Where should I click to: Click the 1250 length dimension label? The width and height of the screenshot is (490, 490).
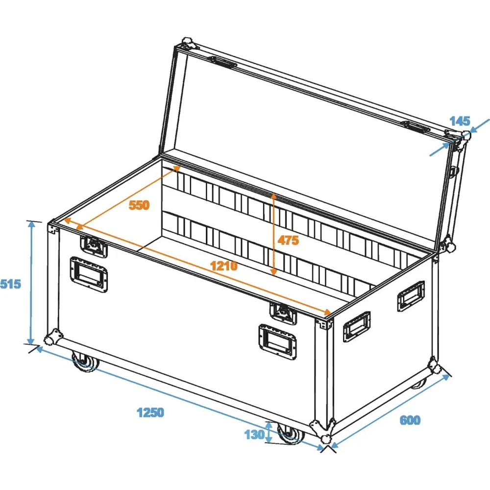pyautogui.click(x=150, y=413)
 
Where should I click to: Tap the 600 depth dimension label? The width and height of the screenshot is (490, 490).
pyautogui.click(x=410, y=420)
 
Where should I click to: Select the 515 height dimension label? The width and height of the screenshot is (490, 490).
pyautogui.click(x=10, y=284)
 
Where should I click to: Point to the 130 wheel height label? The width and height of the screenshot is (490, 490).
pyautogui.click(x=254, y=435)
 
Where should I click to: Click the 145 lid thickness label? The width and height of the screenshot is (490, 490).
pyautogui.click(x=460, y=121)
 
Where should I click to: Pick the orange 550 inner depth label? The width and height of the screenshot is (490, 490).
pyautogui.click(x=139, y=205)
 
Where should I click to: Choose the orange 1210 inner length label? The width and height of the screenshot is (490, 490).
pyautogui.click(x=224, y=266)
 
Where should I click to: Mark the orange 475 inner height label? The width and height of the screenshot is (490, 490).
pyautogui.click(x=288, y=240)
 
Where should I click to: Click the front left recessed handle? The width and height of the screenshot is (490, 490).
pyautogui.click(x=89, y=274)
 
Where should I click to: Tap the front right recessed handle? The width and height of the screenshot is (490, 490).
pyautogui.click(x=277, y=342)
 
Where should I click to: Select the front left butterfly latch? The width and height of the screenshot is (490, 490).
pyautogui.click(x=94, y=245)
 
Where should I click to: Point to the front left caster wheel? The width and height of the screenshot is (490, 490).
pyautogui.click(x=84, y=363)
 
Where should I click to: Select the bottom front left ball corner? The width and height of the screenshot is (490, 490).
pyautogui.click(x=52, y=337)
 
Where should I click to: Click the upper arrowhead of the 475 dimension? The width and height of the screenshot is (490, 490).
pyautogui.click(x=273, y=196)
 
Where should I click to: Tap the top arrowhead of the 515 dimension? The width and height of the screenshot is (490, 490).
pyautogui.click(x=31, y=224)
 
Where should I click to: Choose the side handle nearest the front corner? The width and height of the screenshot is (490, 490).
pyautogui.click(x=357, y=327)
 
